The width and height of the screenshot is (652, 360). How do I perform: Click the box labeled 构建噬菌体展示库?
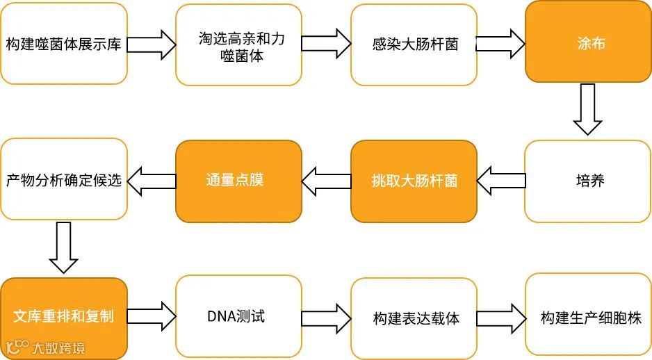pos(64,44)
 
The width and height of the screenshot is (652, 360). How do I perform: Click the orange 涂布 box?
pos(588,42)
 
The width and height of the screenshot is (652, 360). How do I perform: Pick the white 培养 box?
pos(588,181)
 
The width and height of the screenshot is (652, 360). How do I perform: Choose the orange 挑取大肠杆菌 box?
pos(414,181)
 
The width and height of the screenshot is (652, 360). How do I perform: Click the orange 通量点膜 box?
pos(238,180)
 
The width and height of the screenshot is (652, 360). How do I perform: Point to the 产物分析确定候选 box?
pos(64,180)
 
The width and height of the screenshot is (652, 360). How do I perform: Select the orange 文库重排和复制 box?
pos(64,317)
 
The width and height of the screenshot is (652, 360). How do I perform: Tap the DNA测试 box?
pos(238,317)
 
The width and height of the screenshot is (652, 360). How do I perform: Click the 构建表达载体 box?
pos(414,318)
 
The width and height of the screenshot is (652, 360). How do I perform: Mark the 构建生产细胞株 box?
pos(588,318)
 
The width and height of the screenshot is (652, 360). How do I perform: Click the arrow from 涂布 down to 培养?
pos(587,109)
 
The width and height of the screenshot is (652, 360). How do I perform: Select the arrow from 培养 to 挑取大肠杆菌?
pos(501,181)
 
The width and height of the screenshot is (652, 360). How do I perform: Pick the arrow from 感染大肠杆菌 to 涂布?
pos(501,44)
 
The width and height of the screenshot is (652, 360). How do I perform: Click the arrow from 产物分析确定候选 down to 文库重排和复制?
pos(63,247)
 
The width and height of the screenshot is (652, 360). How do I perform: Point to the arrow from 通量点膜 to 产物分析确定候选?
pos(152,181)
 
